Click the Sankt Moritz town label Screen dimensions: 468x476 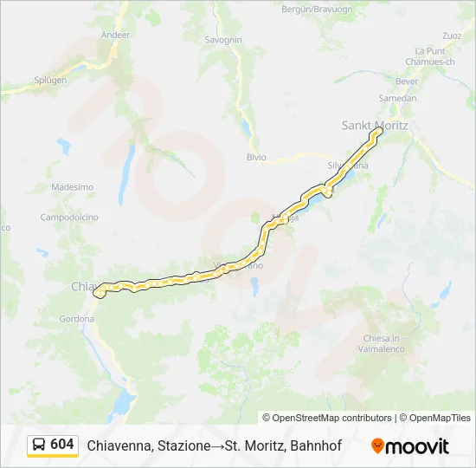[374, 126]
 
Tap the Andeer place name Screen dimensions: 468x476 [115, 35]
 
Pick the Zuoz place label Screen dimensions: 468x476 [451, 36]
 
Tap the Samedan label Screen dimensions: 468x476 [398, 98]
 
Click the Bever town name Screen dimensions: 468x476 [407, 81]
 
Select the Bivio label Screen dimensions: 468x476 [256, 158]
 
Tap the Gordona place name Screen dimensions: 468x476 [77, 319]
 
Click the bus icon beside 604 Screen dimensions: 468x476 [39, 445]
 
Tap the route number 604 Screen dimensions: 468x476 [62, 445]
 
